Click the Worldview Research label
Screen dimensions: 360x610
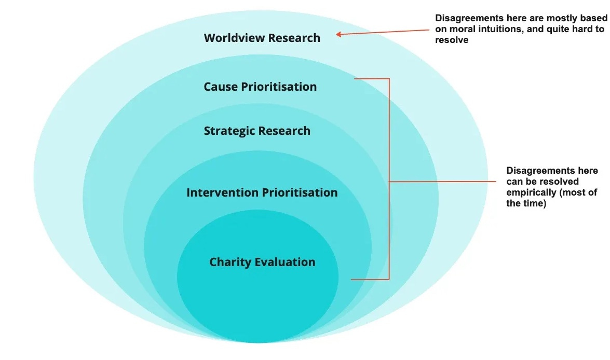(x=262, y=38)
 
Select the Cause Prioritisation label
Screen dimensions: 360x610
(x=260, y=87)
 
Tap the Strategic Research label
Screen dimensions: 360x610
(x=257, y=131)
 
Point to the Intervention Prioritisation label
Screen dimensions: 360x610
(x=262, y=193)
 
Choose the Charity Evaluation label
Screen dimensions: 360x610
(x=262, y=262)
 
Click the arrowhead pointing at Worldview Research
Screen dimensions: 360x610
(x=338, y=35)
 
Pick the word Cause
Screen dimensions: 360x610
(x=221, y=87)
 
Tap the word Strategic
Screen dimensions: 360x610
(x=228, y=131)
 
